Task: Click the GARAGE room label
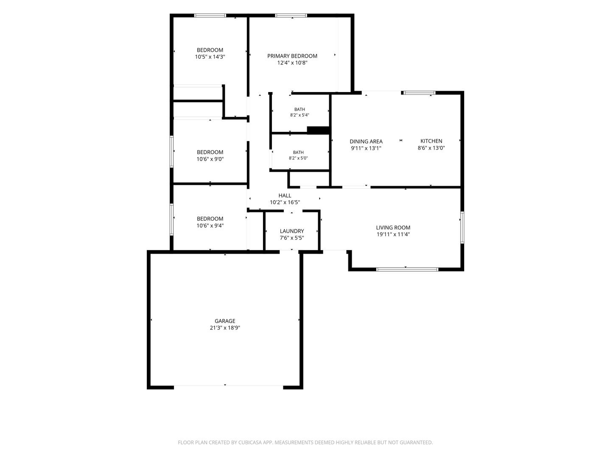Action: (x=224, y=321)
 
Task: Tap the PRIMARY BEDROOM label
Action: (x=292, y=56)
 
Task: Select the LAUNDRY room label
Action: (x=292, y=231)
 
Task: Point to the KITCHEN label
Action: (x=431, y=141)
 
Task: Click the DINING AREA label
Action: (x=366, y=141)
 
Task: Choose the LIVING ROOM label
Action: (x=393, y=227)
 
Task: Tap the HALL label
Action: (x=285, y=195)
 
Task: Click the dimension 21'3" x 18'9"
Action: (x=224, y=327)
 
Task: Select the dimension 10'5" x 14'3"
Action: (x=210, y=57)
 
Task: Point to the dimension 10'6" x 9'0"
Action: (x=210, y=159)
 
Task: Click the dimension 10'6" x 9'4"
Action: (x=210, y=226)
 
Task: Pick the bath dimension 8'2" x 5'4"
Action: (x=300, y=115)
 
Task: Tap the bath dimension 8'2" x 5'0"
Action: (x=298, y=158)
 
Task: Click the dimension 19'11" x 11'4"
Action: (x=393, y=234)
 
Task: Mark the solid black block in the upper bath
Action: (x=318, y=130)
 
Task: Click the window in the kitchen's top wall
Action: (x=419, y=93)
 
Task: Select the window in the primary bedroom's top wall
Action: (x=291, y=16)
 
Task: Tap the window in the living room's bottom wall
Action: (x=407, y=269)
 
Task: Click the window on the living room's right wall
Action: (x=462, y=227)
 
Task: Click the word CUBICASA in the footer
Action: (x=250, y=442)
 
